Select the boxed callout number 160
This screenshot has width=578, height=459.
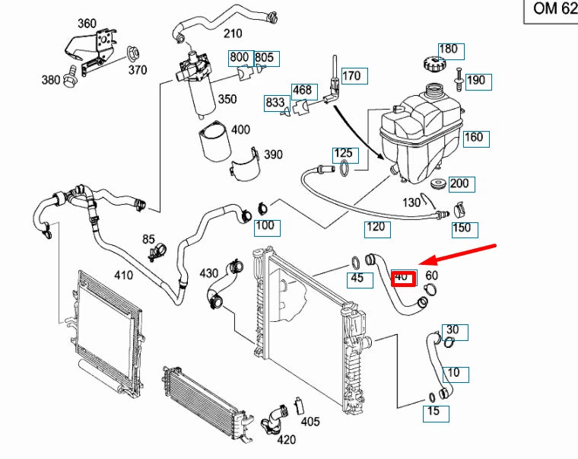click(x=473, y=138)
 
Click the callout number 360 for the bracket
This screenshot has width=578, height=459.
click(x=87, y=24)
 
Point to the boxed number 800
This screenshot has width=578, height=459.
click(x=240, y=57)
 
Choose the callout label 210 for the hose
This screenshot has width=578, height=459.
click(x=232, y=33)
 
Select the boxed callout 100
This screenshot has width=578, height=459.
click(x=265, y=226)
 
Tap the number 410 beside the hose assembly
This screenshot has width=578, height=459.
click(x=123, y=275)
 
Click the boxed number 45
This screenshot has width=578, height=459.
click(x=357, y=279)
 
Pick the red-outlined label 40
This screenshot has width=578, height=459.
click(x=402, y=277)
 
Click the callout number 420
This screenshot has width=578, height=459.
click(x=286, y=439)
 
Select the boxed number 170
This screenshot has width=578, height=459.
click(x=351, y=75)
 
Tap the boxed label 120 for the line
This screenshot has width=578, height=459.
click(x=376, y=226)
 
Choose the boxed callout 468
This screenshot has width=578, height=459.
click(x=302, y=90)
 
